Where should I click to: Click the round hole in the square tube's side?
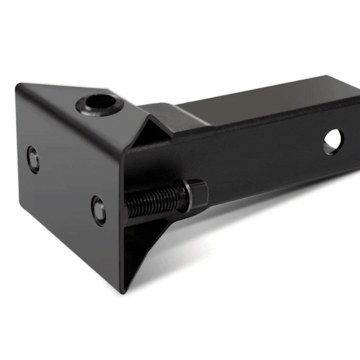click(332, 140)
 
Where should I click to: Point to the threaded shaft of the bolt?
click(152, 203)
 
